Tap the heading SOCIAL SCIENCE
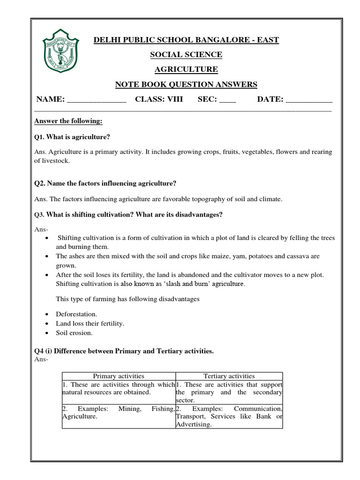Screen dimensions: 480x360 pos(186,55)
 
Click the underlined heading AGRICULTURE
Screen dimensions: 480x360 pos(186,69)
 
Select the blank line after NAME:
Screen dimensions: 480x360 pos(97,99)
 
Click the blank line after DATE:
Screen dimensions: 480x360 pos(309,99)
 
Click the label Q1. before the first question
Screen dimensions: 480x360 pos(40,137)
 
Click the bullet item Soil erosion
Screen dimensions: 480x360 pos(75,333)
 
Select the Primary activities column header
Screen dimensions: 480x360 pos(119,376)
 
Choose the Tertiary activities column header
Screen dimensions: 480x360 pos(229,376)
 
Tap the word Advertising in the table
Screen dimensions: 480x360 pos(194,425)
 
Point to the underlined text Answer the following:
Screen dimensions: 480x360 pos(68,121)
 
